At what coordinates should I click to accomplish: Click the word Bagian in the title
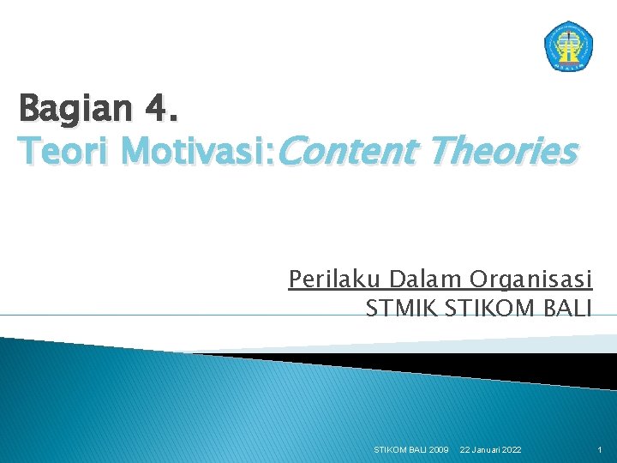[x=76, y=111]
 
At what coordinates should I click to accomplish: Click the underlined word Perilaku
[x=335, y=280]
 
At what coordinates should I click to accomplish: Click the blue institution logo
[x=568, y=45]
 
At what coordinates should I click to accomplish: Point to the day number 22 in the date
[x=465, y=449]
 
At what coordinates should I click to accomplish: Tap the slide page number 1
[x=600, y=449]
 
